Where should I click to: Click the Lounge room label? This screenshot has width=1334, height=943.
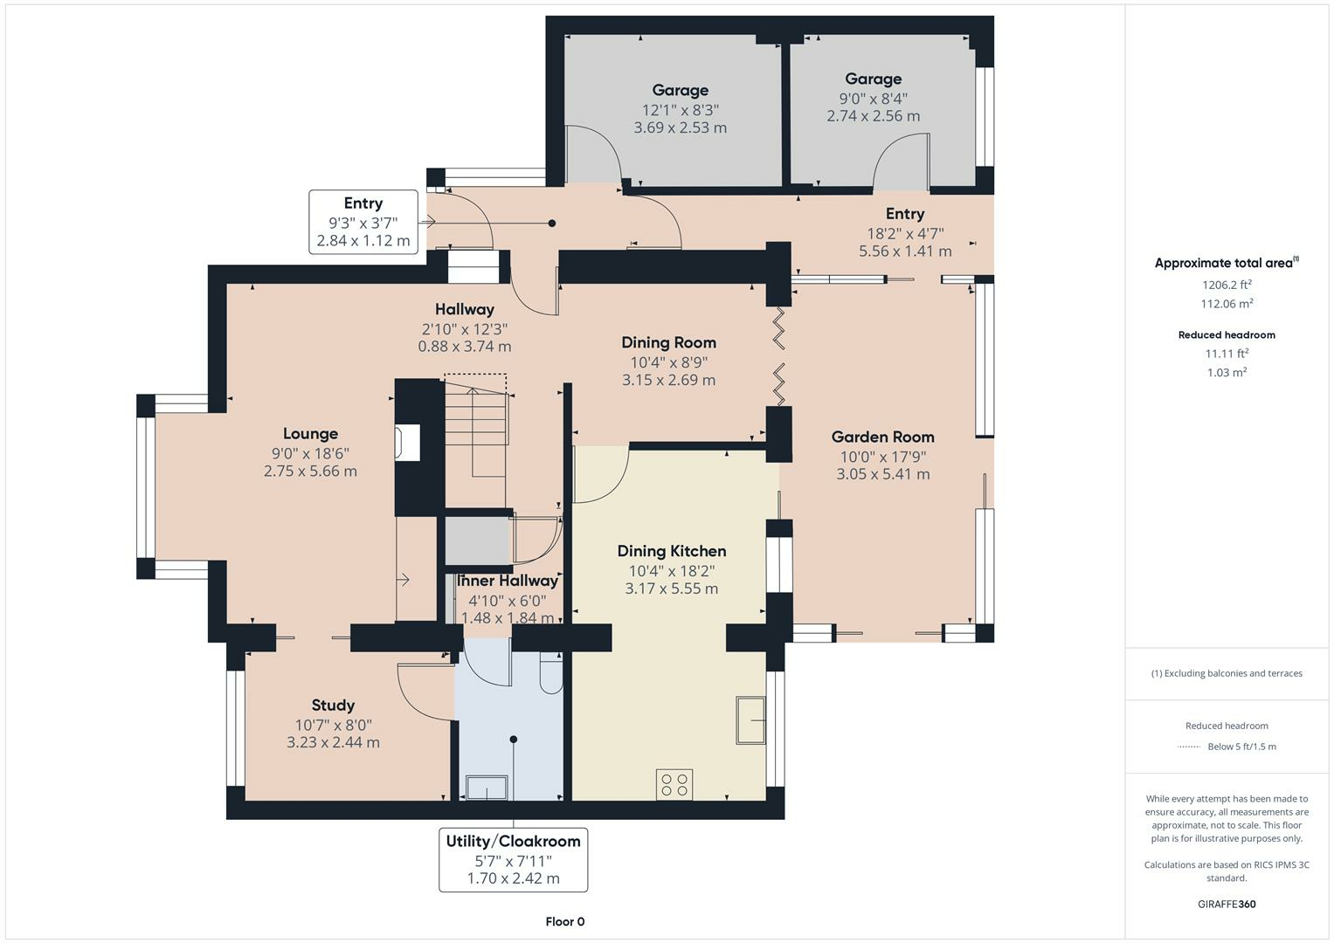[310, 433]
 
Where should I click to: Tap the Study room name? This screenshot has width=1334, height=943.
[333, 706]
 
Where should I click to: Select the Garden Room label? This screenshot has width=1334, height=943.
[882, 437]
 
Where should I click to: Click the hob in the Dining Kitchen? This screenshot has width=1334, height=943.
[674, 784]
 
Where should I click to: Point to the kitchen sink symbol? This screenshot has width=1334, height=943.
[751, 720]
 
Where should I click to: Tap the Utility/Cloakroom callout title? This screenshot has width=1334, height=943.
[514, 841]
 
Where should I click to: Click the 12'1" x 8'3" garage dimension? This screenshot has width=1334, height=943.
[680, 110]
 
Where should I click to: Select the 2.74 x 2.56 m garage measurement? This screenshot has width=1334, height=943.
[873, 116]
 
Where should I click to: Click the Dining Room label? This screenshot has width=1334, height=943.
[669, 343]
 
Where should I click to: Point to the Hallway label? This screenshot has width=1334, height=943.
[465, 310]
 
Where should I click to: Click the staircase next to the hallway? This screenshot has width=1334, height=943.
[476, 426]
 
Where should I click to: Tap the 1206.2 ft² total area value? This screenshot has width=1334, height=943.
[1227, 285]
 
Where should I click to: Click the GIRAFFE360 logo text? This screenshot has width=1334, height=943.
[1227, 904]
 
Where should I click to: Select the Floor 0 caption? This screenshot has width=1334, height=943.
[565, 921]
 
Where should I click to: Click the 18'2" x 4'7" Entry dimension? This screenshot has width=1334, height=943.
[905, 233]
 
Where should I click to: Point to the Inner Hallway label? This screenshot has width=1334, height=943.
[508, 581]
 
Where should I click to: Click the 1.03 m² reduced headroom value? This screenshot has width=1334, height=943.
[1227, 372]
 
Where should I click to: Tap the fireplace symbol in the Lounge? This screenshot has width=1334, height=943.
[407, 442]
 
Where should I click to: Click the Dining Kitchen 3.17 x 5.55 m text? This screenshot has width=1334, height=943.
[672, 589]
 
